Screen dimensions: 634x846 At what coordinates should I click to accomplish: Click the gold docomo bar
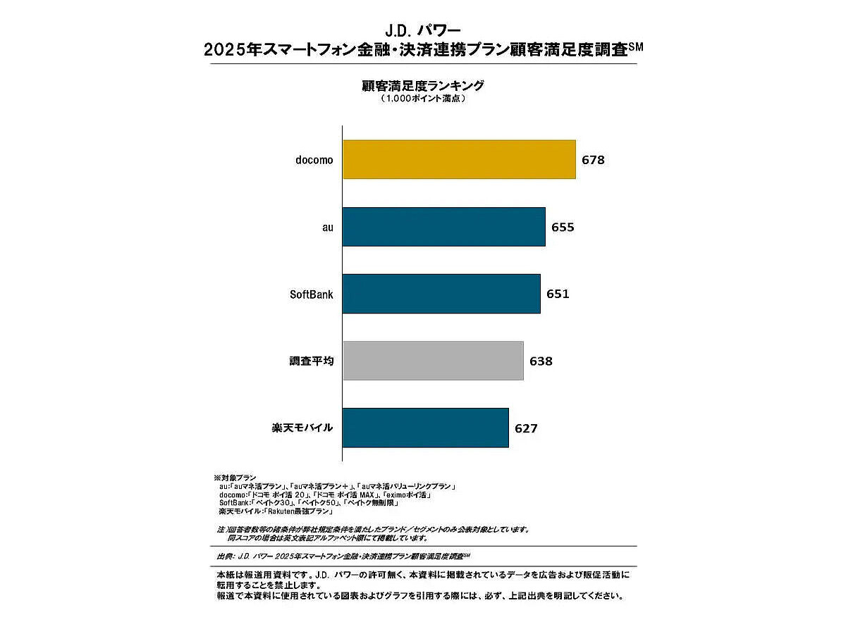coord(459,159)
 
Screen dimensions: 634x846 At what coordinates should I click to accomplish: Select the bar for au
coord(443,227)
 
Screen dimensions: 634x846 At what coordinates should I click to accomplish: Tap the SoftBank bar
coord(441,294)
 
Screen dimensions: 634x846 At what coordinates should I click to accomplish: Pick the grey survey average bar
coord(433,361)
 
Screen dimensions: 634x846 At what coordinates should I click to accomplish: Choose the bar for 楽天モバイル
coord(425,428)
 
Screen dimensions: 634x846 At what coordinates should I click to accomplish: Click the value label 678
coord(593,160)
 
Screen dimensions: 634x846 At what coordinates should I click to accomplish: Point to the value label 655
coord(563,228)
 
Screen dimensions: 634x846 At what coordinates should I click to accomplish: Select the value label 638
coord(541,361)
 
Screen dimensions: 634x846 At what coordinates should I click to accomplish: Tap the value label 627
coord(526,428)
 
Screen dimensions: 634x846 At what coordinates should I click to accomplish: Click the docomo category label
coord(314,160)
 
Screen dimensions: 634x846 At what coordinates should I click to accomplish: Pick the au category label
coord(327,228)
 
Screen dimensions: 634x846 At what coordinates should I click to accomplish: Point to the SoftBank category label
coord(312,294)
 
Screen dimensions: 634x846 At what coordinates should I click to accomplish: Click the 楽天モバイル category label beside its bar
coord(302,428)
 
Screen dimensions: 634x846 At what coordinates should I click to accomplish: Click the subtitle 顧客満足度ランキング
coord(423,86)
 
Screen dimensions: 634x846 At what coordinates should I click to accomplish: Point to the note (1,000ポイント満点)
coord(423,99)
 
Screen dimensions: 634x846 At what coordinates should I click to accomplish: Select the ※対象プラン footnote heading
coord(235,478)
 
